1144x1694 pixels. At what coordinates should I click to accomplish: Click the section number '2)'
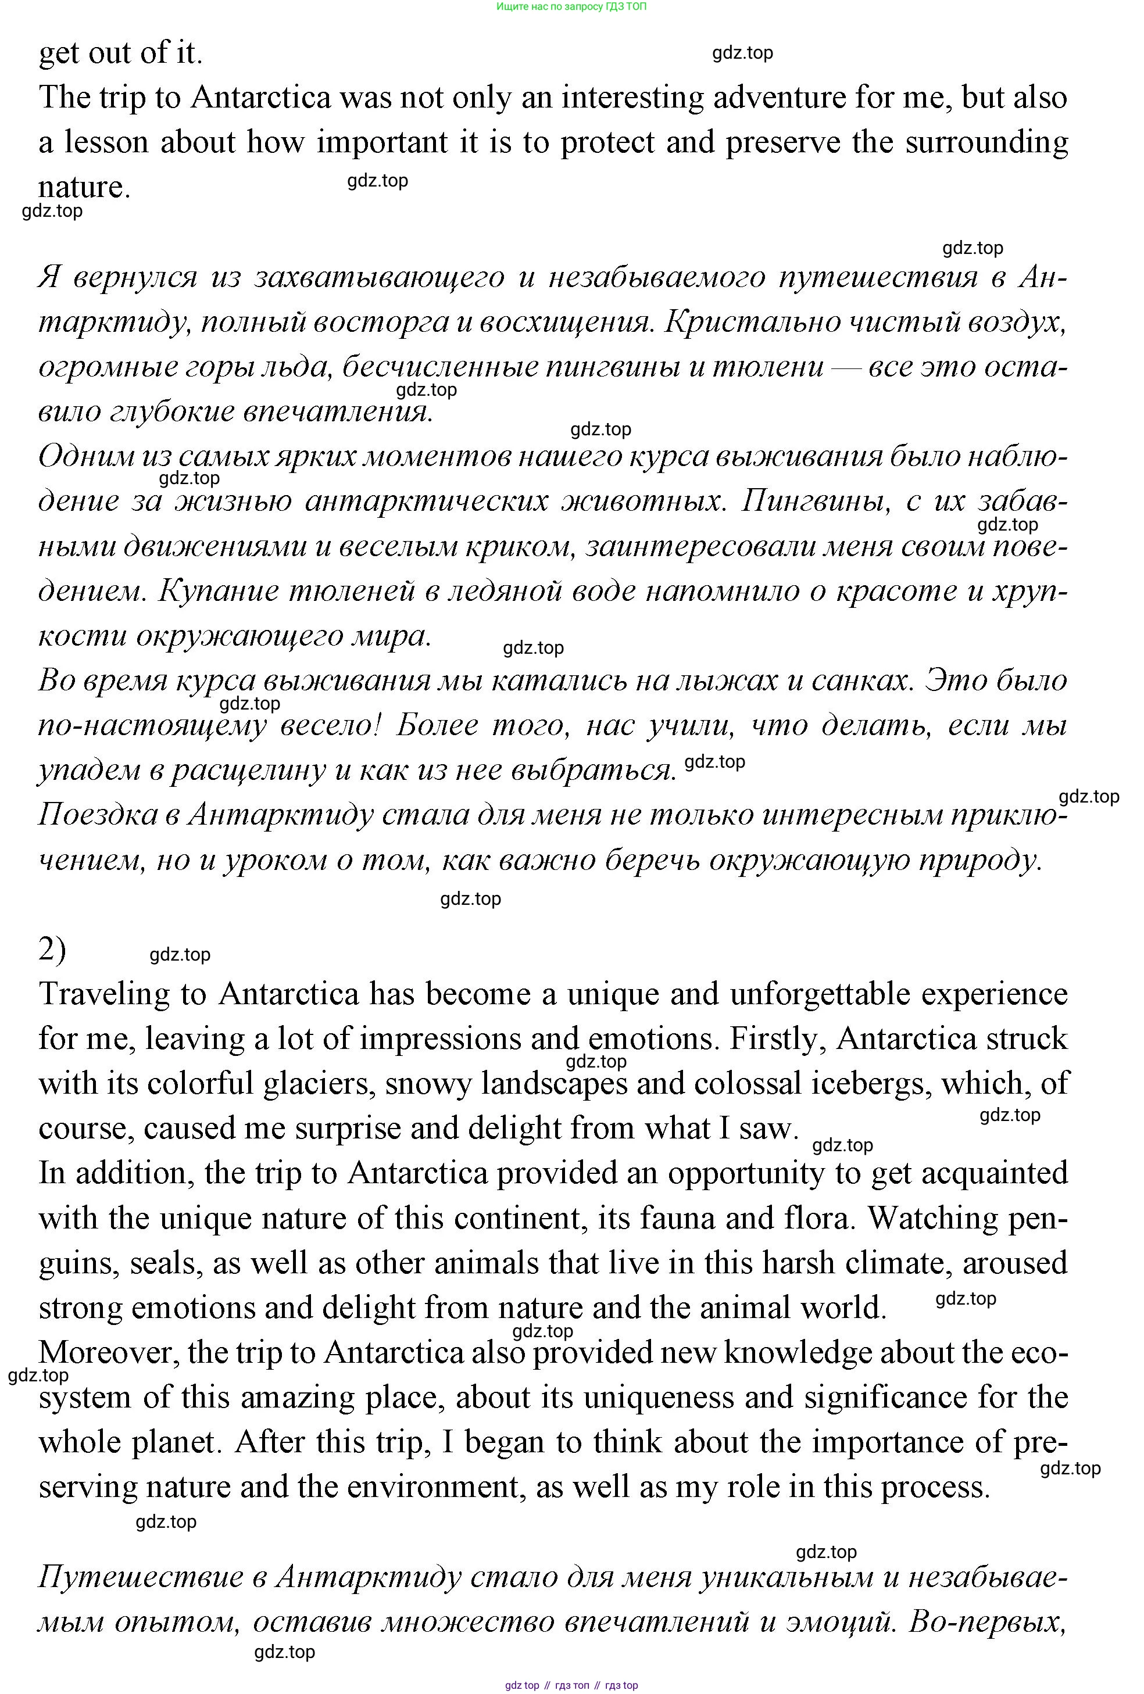(52, 950)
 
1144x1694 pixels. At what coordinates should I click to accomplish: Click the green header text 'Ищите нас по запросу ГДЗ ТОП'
(571, 6)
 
